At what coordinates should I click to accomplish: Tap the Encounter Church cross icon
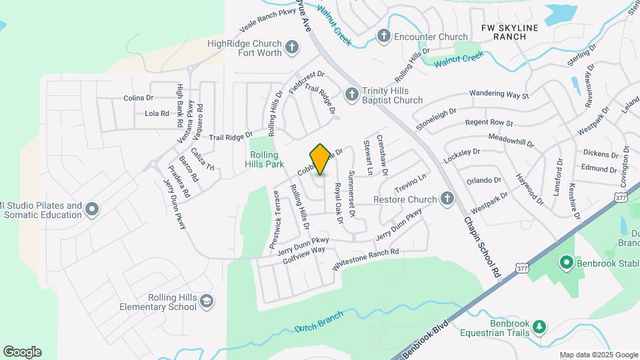pyautogui.click(x=384, y=36)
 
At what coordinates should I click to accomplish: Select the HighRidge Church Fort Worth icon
pyautogui.click(x=291, y=47)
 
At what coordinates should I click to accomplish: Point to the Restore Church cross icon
pyautogui.click(x=447, y=198)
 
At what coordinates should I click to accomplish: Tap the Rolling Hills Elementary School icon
pyautogui.click(x=207, y=301)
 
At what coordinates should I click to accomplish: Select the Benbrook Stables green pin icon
pyautogui.click(x=567, y=263)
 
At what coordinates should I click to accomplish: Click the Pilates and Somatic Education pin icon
pyautogui.click(x=92, y=210)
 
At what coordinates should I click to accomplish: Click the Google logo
pyautogui.click(x=22, y=351)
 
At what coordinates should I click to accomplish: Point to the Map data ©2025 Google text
pyautogui.click(x=598, y=355)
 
